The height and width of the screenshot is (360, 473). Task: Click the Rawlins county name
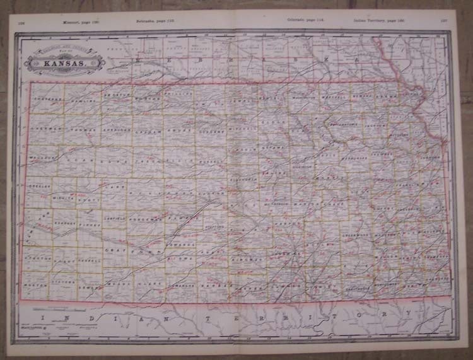pyautogui.click(x=83, y=101)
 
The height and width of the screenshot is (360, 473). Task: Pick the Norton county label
pyautogui.click(x=146, y=99)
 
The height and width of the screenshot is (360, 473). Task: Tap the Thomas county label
pyautogui.click(x=80, y=128)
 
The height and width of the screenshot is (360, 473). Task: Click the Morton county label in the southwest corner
pyautogui.click(x=35, y=285)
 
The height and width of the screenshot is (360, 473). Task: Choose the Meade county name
pyautogui.click(x=118, y=284)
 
